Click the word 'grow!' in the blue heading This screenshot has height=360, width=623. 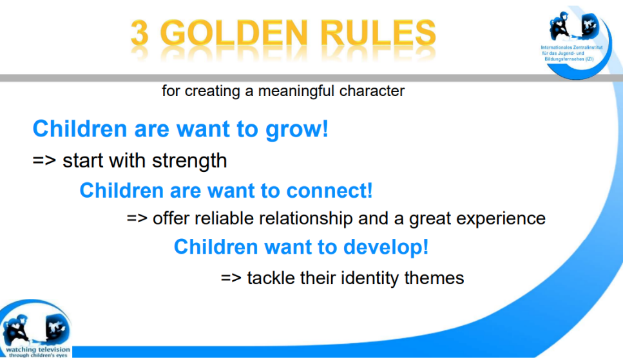tap(297, 129)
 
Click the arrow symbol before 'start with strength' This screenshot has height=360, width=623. tap(44, 160)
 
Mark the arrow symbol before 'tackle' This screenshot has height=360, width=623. tap(231, 278)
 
